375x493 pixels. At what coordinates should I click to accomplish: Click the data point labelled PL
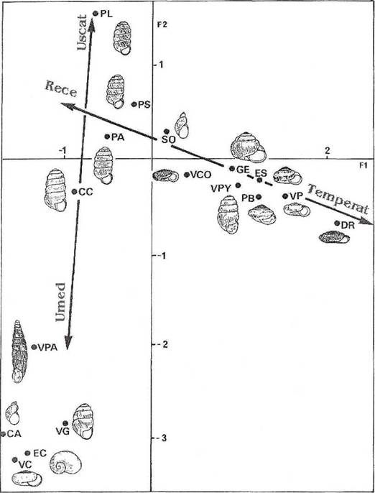coord(96,13)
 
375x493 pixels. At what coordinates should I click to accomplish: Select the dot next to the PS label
coord(134,104)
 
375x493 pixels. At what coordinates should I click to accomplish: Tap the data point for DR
coord(337,223)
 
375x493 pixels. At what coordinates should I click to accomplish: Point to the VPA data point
coord(34,347)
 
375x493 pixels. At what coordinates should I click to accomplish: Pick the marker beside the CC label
coord(75,191)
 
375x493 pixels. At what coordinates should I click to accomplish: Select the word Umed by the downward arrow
coord(60,302)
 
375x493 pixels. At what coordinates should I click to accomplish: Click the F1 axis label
coord(364,166)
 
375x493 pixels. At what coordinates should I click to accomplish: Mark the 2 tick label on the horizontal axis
coord(328,151)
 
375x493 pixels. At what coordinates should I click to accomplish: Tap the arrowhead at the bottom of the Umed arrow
coord(68,342)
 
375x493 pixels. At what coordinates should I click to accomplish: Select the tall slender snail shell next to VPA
coord(19,351)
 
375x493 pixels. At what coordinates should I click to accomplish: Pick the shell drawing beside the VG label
coord(83,421)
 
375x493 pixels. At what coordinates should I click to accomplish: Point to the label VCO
coord(201,175)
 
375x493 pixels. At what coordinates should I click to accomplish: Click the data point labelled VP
coord(285,196)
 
